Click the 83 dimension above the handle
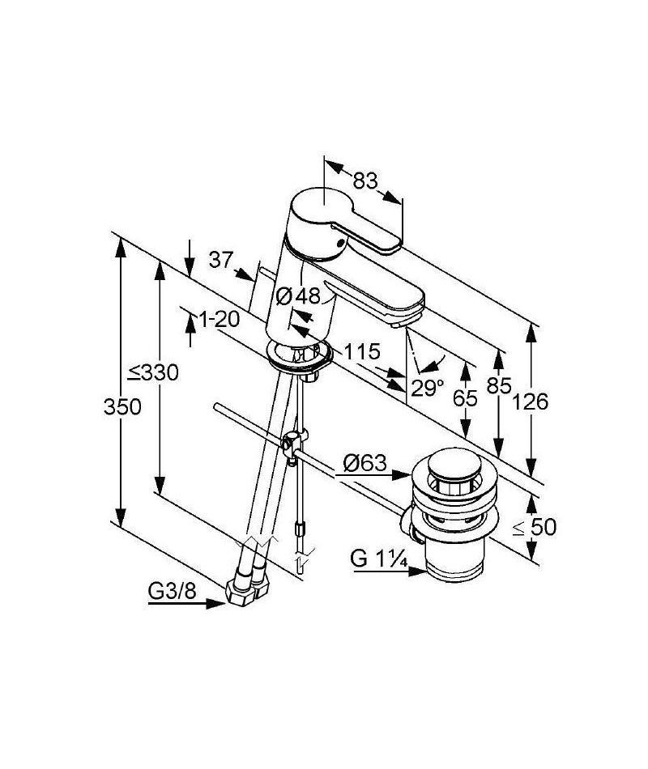pos(365,181)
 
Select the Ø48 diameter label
pos(298,295)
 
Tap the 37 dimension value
pos(220,260)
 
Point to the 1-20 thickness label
pos(220,320)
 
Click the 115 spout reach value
pos(362,351)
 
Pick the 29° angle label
pos(427,389)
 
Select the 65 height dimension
pos(465,398)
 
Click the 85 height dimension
pos(499,385)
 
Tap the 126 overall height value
pos(530,402)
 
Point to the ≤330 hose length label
pos(153,372)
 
